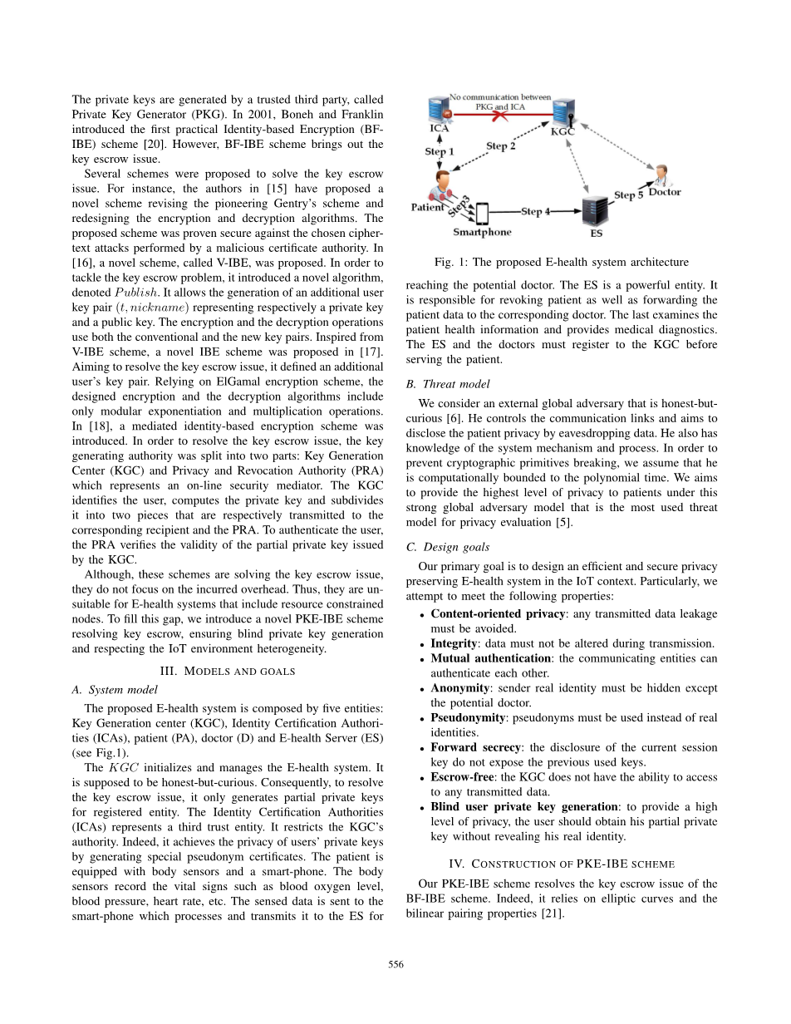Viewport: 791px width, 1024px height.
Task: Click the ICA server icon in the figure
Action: [x=438, y=111]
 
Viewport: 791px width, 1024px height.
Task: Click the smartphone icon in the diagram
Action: [x=481, y=214]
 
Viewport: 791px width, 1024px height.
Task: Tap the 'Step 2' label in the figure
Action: [x=501, y=146]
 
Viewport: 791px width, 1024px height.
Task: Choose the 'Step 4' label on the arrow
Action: [x=536, y=212]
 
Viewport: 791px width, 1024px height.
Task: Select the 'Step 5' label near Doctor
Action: [x=628, y=194]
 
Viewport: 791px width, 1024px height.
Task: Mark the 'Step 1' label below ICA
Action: [x=439, y=151]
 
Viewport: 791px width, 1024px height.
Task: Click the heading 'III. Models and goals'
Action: [x=228, y=671]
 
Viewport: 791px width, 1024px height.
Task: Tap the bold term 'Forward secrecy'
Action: [x=474, y=747]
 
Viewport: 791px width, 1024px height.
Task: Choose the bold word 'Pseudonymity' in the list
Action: [x=468, y=717]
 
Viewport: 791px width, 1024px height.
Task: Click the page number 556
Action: [x=395, y=964]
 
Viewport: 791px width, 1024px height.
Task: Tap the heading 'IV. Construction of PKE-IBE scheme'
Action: [x=561, y=864]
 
